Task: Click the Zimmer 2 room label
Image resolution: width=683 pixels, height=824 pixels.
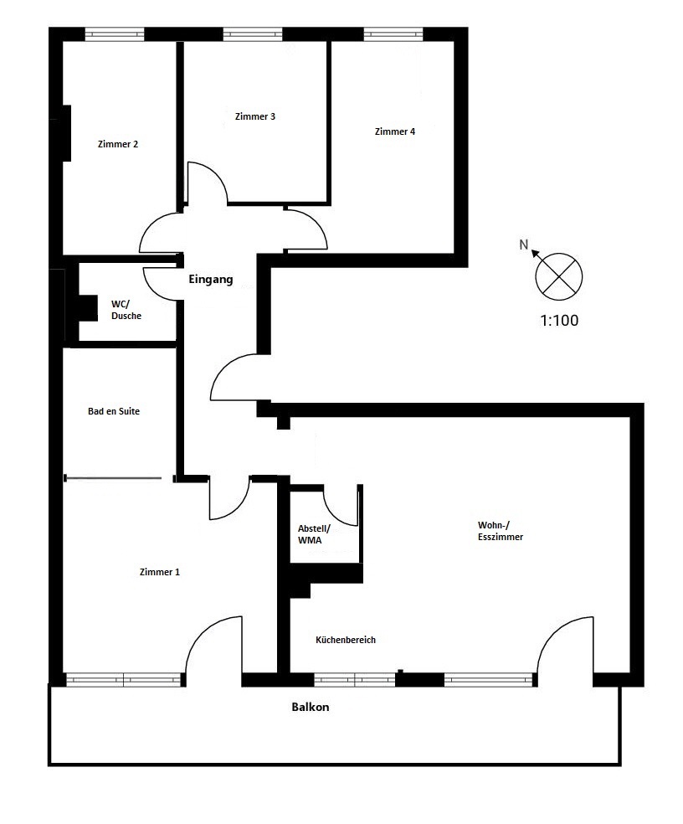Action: click(x=118, y=144)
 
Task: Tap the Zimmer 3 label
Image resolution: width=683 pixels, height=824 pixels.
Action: click(x=255, y=116)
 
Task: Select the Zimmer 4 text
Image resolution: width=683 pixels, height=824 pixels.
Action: click(x=394, y=131)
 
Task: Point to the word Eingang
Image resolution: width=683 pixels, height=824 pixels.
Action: click(x=210, y=280)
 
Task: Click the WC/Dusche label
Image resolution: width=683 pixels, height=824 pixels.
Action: click(x=126, y=310)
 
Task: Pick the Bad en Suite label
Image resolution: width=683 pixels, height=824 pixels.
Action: click(x=113, y=411)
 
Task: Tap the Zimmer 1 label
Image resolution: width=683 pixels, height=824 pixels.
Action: click(x=159, y=572)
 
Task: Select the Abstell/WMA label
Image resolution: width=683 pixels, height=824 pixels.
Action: click(x=315, y=534)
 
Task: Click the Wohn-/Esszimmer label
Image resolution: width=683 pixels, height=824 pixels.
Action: click(x=500, y=531)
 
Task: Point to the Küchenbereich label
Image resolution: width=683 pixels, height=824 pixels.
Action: click(x=345, y=640)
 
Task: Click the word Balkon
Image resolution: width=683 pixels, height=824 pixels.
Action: click(x=310, y=707)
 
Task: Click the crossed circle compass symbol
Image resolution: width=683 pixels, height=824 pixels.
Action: click(x=558, y=275)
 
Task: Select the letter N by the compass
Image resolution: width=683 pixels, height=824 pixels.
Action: click(x=524, y=245)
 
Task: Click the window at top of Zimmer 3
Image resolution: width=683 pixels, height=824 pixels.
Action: click(x=252, y=35)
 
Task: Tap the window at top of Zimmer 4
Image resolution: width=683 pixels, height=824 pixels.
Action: click(x=393, y=35)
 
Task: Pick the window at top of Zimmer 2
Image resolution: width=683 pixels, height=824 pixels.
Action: click(x=115, y=35)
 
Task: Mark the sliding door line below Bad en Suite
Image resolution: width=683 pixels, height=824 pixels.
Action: click(x=113, y=479)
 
